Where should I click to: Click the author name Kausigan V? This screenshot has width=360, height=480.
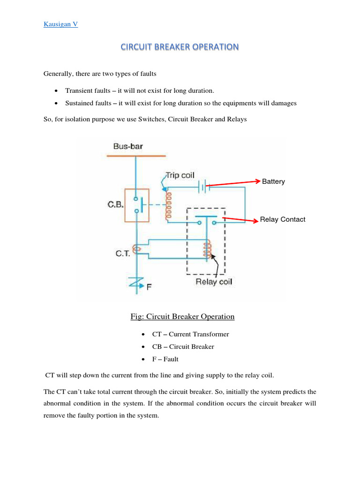[61, 24]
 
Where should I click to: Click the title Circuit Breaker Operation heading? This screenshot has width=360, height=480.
[180, 47]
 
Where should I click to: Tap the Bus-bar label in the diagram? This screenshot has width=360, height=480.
[128, 146]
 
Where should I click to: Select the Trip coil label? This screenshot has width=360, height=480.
[180, 175]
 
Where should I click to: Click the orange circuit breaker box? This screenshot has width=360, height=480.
[136, 205]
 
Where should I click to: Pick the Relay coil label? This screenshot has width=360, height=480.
[214, 282]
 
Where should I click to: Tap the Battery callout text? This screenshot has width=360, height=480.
[273, 181]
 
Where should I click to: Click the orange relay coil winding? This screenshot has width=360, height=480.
[205, 249]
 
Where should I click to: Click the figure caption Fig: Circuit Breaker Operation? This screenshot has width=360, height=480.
[182, 316]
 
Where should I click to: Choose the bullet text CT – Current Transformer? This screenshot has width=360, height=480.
[190, 334]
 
